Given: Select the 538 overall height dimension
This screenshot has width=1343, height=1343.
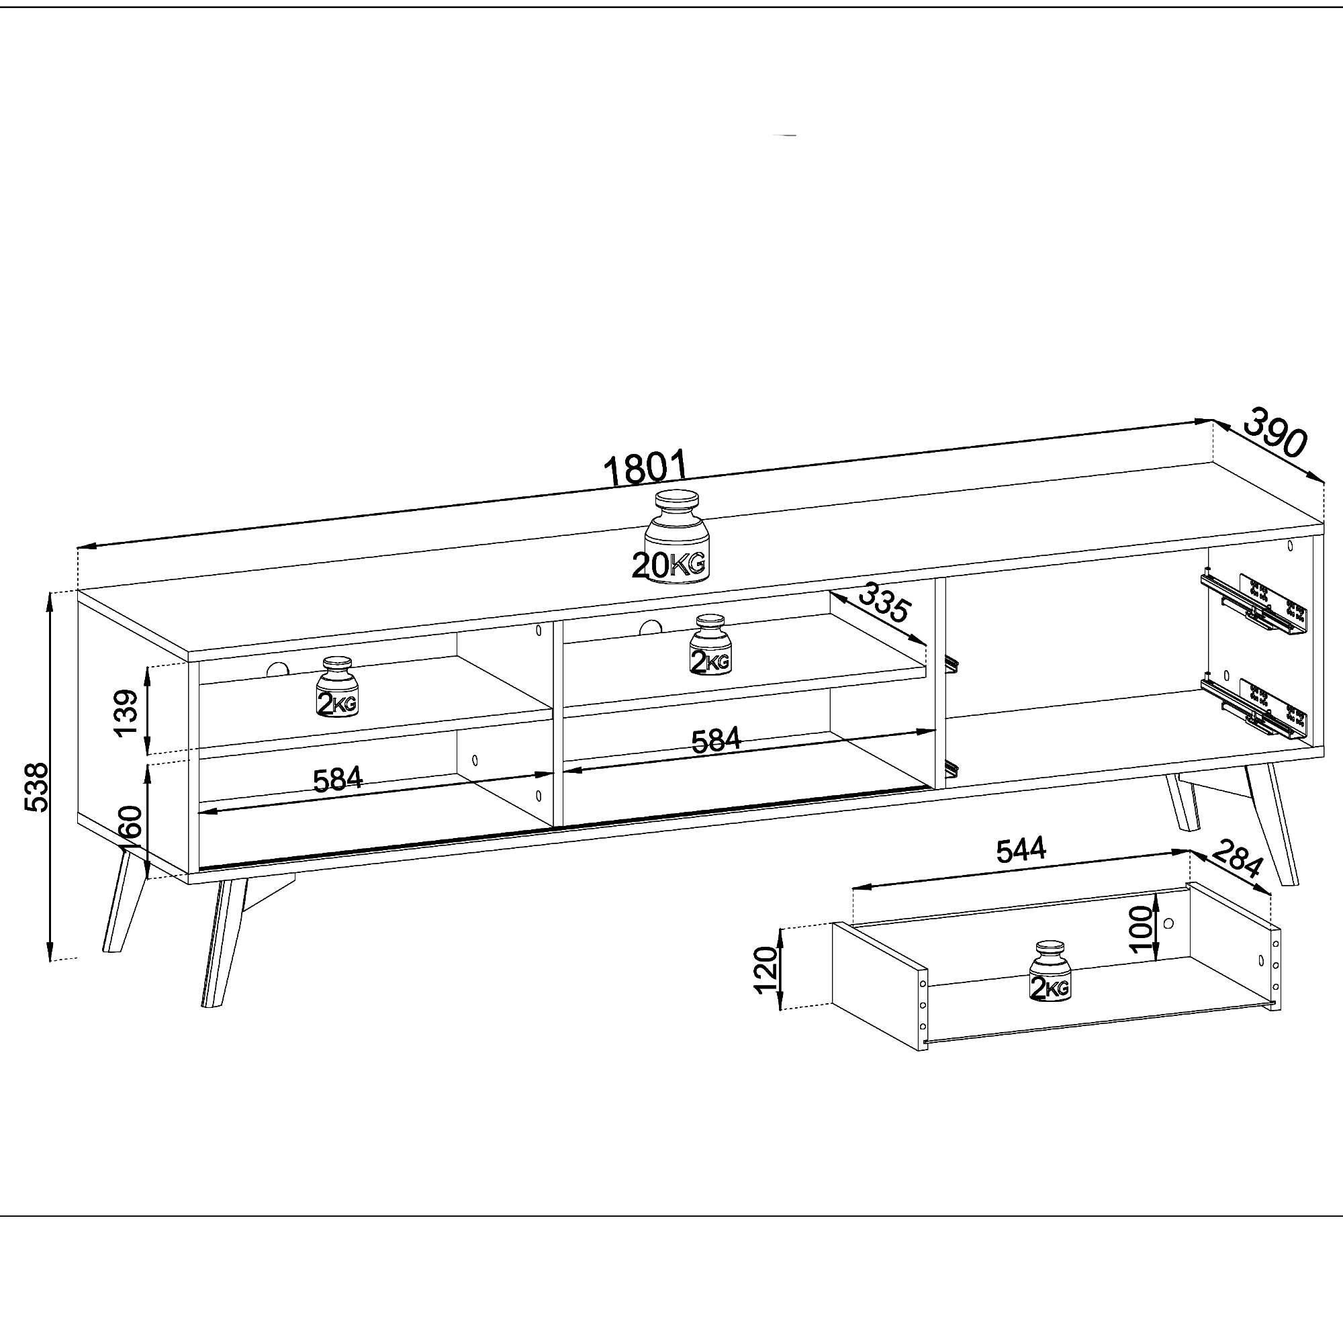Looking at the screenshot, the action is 36,787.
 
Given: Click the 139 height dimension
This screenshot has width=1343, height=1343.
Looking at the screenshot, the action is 126,713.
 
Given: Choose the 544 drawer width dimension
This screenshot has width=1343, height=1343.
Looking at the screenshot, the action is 1021,850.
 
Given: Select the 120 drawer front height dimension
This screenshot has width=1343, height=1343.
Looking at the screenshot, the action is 766,970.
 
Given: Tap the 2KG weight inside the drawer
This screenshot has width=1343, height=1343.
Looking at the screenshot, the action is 1050,971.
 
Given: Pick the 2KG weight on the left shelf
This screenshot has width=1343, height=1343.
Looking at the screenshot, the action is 337,688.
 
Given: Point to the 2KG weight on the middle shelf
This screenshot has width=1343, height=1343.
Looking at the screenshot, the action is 710,645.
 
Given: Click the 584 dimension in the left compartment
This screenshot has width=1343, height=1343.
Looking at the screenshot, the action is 338,780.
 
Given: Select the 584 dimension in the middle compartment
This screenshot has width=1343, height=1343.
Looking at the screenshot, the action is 716,740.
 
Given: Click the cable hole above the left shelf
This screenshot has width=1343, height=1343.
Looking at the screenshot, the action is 277,670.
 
